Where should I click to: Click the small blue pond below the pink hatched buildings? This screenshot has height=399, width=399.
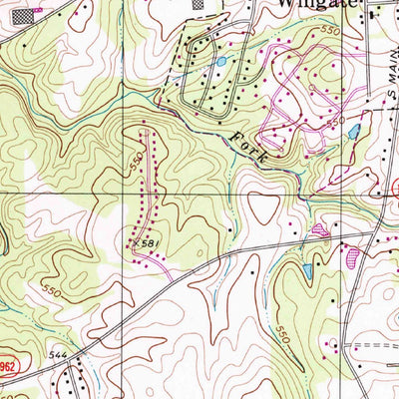pos(307,271)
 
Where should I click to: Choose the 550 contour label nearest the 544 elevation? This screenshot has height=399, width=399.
pos(52,291)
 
